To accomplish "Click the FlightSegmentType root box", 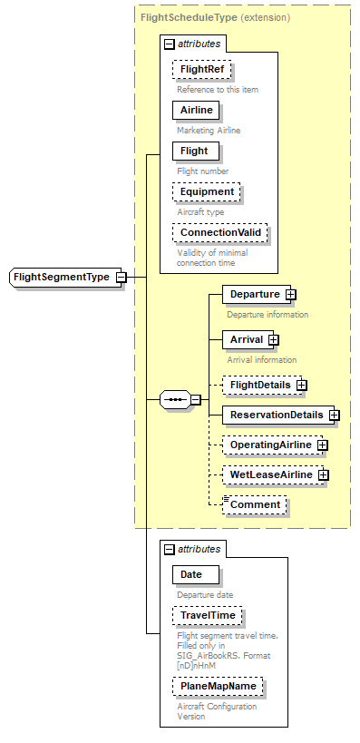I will pos(62,276).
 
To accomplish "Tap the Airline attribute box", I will pos(196,110).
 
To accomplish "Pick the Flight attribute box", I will pos(194,151).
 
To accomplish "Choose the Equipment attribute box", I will pos(207,191).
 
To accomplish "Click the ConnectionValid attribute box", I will pos(220,232).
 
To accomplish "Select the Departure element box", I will pos(253,295).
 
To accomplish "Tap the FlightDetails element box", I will pos(259,385).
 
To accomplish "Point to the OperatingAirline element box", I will pos(269,445).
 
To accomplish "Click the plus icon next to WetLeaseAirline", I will pos(323,474).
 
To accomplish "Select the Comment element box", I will pos(256,504).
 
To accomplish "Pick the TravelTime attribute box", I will pos(208,615).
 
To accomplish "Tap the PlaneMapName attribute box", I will pos(218,686).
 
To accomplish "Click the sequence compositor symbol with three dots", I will pos(175,399).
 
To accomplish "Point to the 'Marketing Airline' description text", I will pos(209,130).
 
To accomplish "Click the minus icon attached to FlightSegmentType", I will pos(121,276).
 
